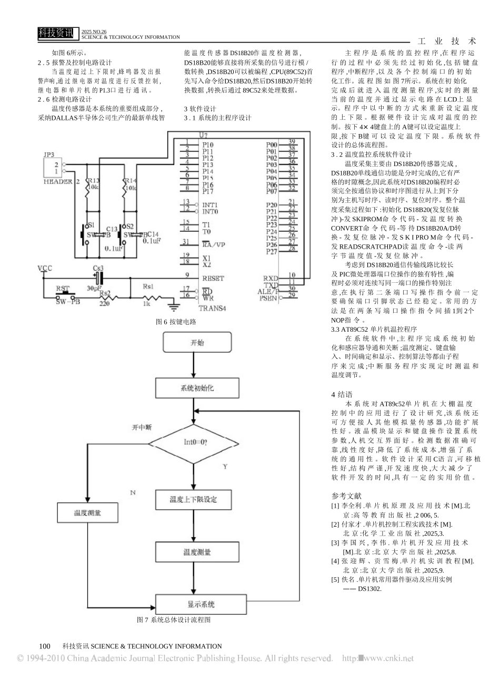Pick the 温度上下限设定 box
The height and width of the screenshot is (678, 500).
[193, 499]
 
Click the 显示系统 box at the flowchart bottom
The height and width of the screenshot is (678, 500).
[201, 604]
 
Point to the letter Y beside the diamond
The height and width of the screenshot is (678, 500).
[225, 467]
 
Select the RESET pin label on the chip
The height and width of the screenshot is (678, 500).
[213, 279]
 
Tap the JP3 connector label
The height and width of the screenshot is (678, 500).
[49, 156]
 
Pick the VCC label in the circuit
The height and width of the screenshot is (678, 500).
[45, 268]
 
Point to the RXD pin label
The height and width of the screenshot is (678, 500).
[271, 278]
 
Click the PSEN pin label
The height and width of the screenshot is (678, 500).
[268, 299]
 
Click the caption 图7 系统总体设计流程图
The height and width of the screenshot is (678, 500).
[174, 620]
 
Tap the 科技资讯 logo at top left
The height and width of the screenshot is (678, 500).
[57, 33]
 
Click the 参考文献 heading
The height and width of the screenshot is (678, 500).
[346, 495]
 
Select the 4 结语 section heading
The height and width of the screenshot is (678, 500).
[342, 394]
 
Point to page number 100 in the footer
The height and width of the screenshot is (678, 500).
[45, 646]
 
